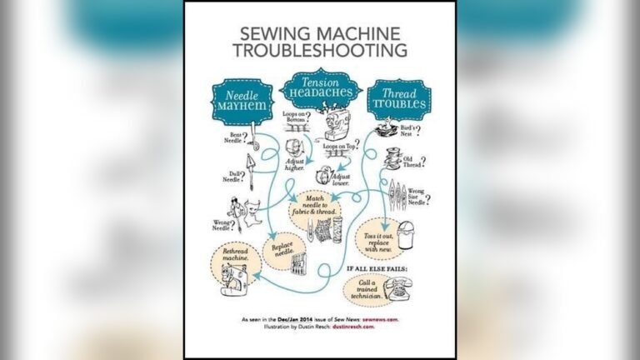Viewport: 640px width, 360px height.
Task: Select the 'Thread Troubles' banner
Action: click(x=398, y=101)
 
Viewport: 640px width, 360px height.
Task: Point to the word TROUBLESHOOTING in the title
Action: click(x=320, y=52)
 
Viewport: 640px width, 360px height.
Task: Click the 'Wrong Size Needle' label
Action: click(x=417, y=196)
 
